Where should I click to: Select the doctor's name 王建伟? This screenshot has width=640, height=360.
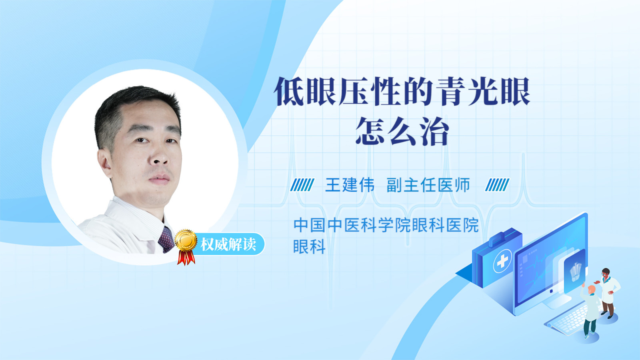pos(350,185)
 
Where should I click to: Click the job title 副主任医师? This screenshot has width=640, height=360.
pos(428,185)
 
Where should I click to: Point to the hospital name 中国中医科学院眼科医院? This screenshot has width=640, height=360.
pos(386,225)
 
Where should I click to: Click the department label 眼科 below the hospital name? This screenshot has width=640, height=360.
pos(310,246)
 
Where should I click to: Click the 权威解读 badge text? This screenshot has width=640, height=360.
pos(228,244)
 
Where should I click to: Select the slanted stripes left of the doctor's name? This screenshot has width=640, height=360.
pos(302,185)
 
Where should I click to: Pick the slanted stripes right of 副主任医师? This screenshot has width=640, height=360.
pos(497,185)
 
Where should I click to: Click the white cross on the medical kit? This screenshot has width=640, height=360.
pos(502,260)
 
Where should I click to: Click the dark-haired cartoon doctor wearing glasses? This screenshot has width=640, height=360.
pos(608,293)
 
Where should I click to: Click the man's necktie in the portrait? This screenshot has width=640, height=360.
pos(166,240)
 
